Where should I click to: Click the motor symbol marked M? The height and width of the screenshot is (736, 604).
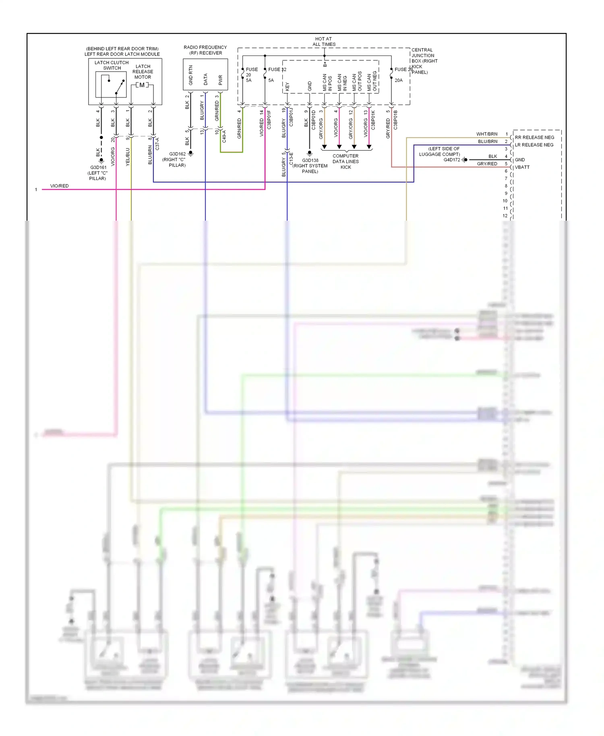(x=142, y=85)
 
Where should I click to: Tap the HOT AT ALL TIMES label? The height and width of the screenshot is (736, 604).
(x=324, y=42)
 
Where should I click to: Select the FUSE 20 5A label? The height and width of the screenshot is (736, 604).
(x=251, y=75)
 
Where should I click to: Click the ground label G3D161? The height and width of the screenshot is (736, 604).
(x=98, y=167)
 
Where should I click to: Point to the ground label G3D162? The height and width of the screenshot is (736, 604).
(x=177, y=154)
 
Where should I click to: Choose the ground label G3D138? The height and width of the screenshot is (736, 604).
(x=310, y=160)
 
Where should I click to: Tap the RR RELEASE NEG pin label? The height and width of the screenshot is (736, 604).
(x=534, y=137)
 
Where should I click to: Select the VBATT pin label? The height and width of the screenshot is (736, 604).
(x=522, y=167)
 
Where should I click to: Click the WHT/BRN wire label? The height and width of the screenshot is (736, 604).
(x=487, y=134)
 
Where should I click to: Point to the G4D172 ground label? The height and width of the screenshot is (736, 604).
(x=451, y=160)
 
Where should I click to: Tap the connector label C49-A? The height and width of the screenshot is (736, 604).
(x=224, y=136)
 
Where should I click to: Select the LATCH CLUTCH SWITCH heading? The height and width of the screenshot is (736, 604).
(x=112, y=65)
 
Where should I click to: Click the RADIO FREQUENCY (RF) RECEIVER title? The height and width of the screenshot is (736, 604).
(x=205, y=50)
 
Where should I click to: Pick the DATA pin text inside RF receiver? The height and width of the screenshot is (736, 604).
(x=205, y=79)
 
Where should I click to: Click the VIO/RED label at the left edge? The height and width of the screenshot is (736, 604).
(x=59, y=186)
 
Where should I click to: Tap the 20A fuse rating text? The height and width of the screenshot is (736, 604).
(x=399, y=81)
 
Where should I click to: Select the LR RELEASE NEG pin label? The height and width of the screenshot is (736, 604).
(x=534, y=145)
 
